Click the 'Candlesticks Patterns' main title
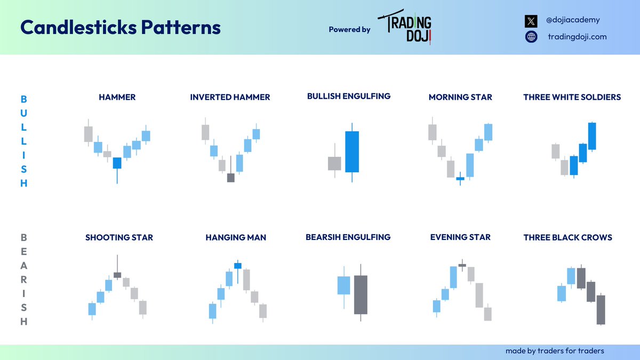point(120,27)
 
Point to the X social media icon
point(531,21)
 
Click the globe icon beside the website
point(531,37)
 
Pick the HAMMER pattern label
point(117,97)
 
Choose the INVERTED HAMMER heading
point(230,97)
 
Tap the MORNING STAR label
point(460,97)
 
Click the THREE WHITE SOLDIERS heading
point(572,97)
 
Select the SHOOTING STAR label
point(119,237)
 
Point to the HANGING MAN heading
point(236,237)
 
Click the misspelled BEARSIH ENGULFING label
point(348,237)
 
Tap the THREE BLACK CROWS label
point(568,237)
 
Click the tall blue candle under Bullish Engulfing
point(352,151)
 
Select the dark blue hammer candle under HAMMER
point(117,163)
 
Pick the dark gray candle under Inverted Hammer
point(230,178)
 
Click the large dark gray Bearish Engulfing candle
point(361,294)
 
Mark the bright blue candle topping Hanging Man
point(238,266)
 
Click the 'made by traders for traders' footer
point(555,351)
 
